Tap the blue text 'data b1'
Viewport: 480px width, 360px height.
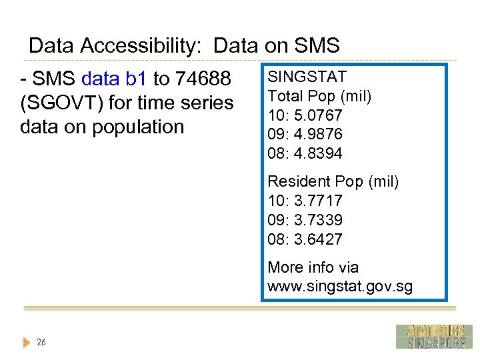tap(114, 79)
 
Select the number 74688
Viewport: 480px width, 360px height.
tap(203, 79)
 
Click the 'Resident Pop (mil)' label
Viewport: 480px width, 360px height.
tap(333, 181)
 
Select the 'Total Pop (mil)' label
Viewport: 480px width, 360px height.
tap(319, 96)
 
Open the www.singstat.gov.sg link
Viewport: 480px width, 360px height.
tap(340, 287)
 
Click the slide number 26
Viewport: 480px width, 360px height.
tap(41, 343)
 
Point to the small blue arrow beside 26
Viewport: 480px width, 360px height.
tap(27, 343)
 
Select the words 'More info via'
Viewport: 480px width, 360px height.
tap(313, 267)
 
